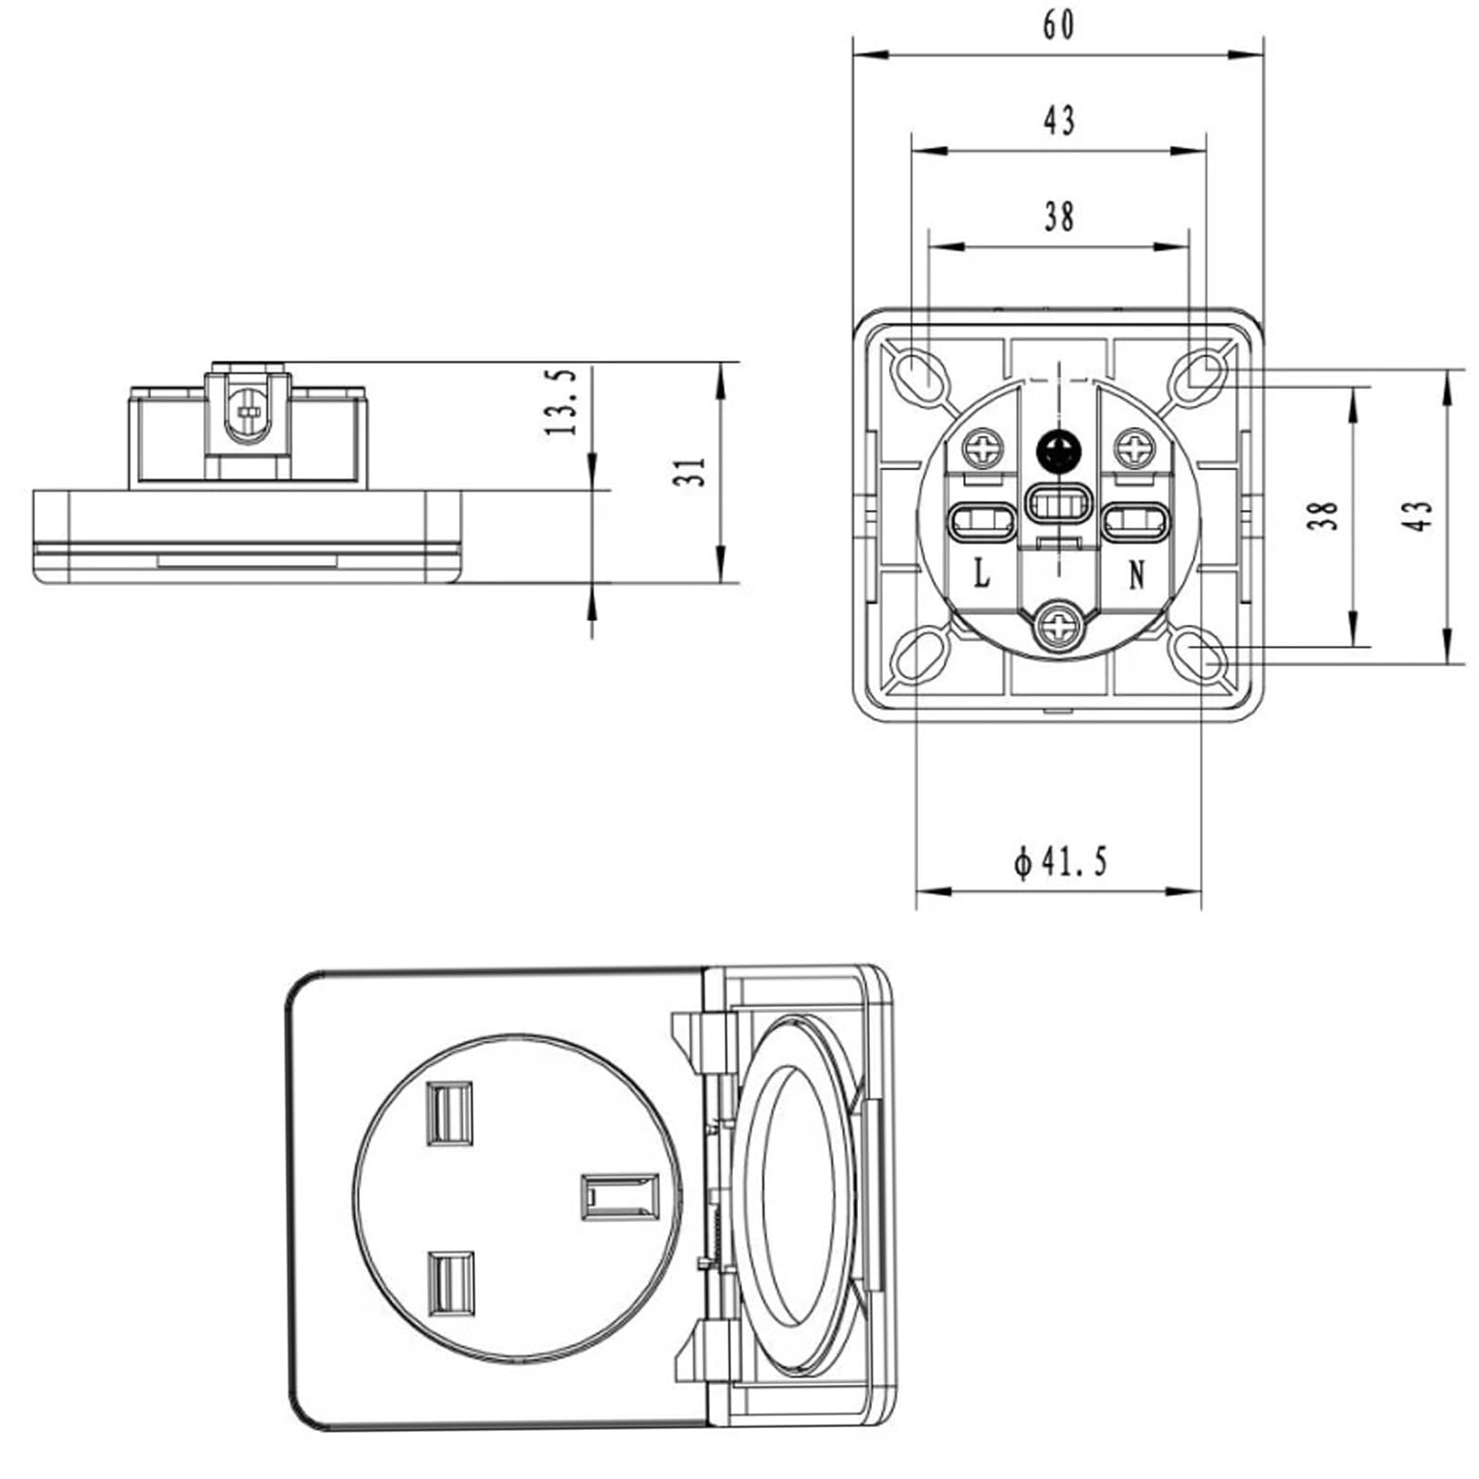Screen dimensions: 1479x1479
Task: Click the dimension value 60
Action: [1059, 26]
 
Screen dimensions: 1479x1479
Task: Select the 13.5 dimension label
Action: [560, 402]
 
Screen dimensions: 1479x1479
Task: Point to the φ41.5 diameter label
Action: [1060, 862]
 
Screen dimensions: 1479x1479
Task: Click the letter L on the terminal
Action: [981, 573]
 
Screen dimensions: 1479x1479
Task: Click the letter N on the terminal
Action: [1137, 575]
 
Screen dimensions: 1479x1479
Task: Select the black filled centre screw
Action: [1059, 452]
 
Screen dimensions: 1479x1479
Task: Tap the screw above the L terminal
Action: [984, 450]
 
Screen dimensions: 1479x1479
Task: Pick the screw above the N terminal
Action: [1134, 450]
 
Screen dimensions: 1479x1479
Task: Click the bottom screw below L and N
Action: [1059, 628]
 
